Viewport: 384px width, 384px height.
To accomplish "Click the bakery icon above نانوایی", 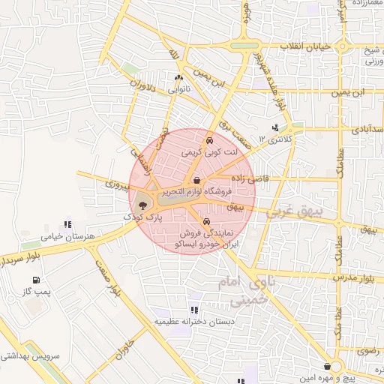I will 178,77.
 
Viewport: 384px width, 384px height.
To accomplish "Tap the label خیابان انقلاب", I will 304,46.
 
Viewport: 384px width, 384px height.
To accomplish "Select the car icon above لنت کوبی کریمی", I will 209,139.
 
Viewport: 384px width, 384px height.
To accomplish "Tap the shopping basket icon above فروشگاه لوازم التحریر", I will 196,180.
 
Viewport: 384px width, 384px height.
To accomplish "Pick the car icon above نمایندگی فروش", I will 205,221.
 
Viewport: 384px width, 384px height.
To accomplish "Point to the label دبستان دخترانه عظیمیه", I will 194,321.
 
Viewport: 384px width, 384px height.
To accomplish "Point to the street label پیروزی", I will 117,183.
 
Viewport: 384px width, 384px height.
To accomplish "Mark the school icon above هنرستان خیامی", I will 68,223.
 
